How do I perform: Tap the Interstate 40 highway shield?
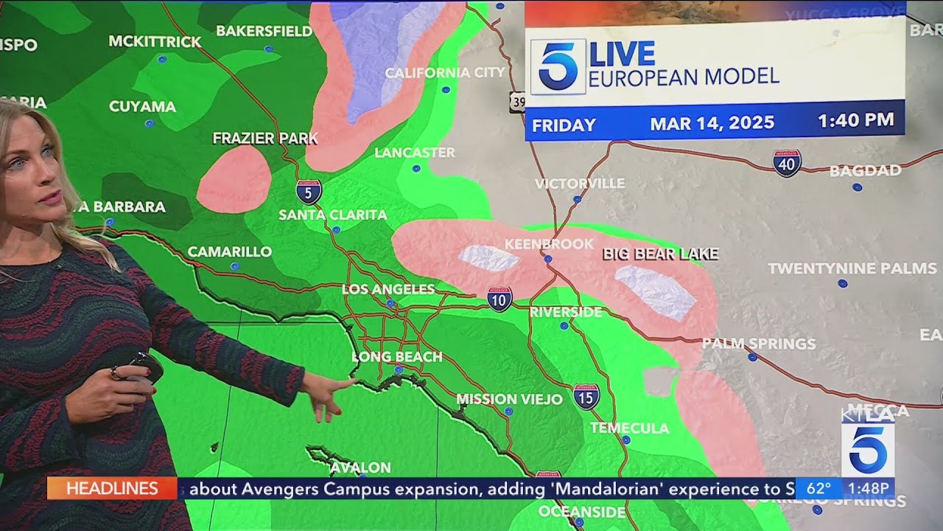(x=787, y=163)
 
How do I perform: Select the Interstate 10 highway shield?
(x=499, y=299)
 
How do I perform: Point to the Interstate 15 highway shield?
(x=586, y=397)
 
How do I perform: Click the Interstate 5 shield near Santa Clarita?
(x=309, y=192)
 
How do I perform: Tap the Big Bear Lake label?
(x=660, y=254)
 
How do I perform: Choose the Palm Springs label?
(x=758, y=344)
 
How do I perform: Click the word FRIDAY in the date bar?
(x=564, y=125)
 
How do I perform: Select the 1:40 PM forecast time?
(x=855, y=120)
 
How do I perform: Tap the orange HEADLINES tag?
(x=112, y=488)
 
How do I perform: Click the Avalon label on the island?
(x=360, y=468)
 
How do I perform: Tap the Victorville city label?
(x=580, y=183)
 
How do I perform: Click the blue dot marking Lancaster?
(x=416, y=168)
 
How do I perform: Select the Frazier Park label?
(x=265, y=138)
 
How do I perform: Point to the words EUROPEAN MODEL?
(x=683, y=77)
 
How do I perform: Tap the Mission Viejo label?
(x=509, y=399)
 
